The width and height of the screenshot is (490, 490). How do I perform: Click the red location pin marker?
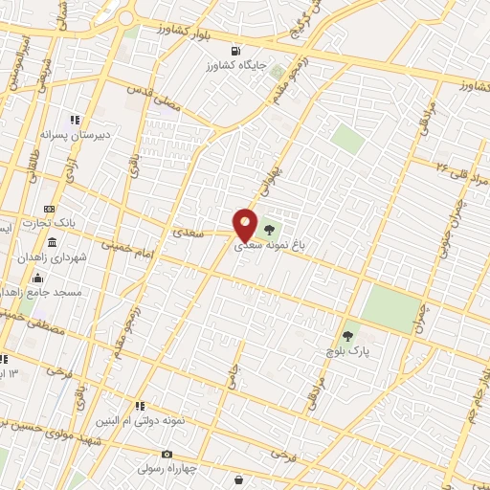tap(245, 225)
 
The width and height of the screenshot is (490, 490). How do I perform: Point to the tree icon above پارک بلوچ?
tap(347, 336)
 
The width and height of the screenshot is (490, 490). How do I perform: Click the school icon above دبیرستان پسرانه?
tap(74, 120)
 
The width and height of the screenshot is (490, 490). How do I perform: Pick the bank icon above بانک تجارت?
tap(49, 208)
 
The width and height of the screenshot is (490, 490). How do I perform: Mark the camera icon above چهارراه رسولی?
tap(167, 454)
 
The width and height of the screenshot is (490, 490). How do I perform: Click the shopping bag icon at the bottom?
tap(251, 480)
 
